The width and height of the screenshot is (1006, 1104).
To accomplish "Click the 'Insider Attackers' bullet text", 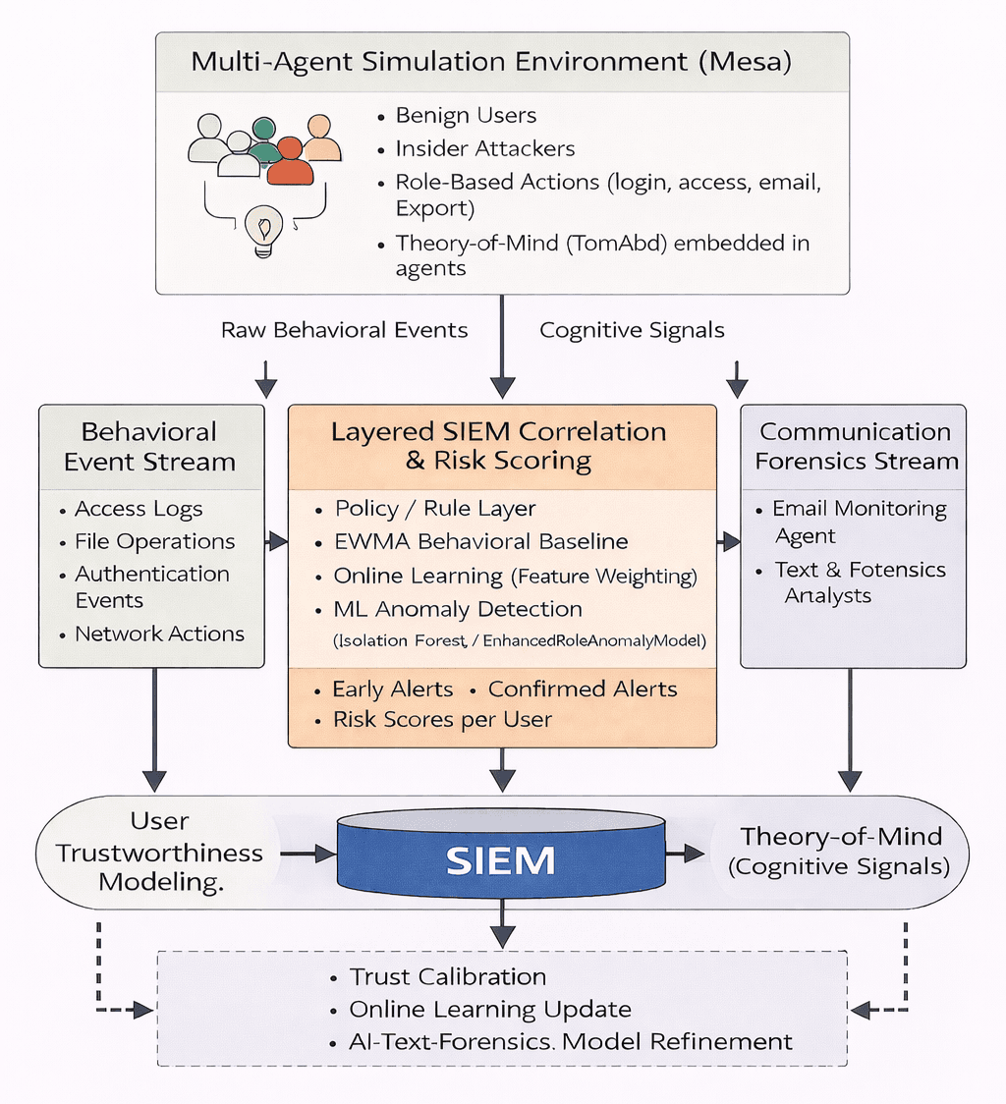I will point(485,148).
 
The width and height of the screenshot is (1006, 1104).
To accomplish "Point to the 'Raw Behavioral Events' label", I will point(344,330).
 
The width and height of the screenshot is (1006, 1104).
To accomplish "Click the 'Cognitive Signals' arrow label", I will point(633,330).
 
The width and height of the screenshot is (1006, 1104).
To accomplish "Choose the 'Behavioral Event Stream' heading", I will point(150,447).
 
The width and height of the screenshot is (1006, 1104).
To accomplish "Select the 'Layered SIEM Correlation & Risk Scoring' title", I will point(498,447).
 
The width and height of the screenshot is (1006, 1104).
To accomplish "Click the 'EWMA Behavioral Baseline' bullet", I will point(481,541).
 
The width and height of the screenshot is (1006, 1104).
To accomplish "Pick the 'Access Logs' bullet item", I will point(139,509).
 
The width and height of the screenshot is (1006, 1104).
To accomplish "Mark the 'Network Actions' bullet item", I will point(159,634).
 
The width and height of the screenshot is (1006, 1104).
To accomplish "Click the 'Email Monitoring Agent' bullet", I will point(859,522).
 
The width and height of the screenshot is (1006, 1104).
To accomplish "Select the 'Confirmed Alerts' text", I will point(583,689).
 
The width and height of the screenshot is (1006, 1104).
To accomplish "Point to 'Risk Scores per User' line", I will point(442,719).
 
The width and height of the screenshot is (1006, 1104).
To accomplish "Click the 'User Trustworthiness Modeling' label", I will point(159,852).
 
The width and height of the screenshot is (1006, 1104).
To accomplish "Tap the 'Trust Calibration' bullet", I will point(448,976).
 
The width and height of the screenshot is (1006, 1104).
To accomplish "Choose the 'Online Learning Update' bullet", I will point(490,1009).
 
